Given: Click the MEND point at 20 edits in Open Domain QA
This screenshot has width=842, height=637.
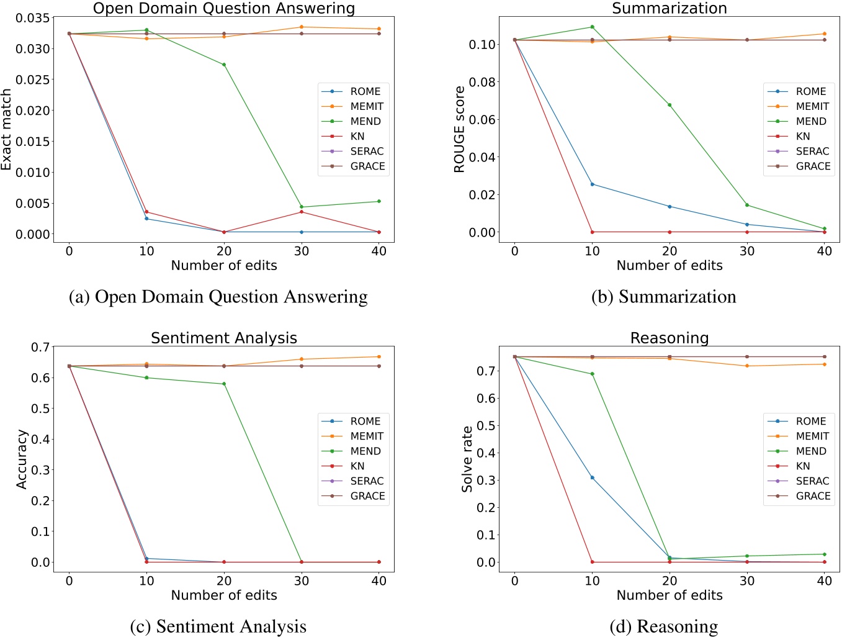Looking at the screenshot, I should click(224, 65).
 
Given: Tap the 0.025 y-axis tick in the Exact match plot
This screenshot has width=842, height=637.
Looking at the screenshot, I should click(33, 79).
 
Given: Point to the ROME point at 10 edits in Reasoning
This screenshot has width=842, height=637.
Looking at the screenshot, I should click(593, 477).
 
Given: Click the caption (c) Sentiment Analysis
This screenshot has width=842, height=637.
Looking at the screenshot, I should click(218, 626).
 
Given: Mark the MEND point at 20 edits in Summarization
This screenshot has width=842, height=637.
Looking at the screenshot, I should click(670, 105).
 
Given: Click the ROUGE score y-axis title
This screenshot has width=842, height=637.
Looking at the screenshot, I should click(460, 130).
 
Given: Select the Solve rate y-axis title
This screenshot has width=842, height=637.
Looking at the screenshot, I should click(467, 459).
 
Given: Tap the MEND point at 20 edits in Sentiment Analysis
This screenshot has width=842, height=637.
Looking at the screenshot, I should click(224, 384).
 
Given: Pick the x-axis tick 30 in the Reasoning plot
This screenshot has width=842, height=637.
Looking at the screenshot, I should click(747, 581).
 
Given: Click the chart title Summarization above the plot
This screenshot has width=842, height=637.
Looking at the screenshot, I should click(670, 8).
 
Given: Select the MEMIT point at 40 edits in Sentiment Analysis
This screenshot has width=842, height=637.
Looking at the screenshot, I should click(378, 356).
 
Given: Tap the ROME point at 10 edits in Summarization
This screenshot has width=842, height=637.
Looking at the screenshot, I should click(593, 184).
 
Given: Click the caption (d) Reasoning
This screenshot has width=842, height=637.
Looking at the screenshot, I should click(663, 626).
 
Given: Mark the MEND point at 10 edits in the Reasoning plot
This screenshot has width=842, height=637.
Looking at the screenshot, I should click(593, 374).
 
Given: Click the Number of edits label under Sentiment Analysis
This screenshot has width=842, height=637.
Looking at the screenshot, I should click(224, 595).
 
